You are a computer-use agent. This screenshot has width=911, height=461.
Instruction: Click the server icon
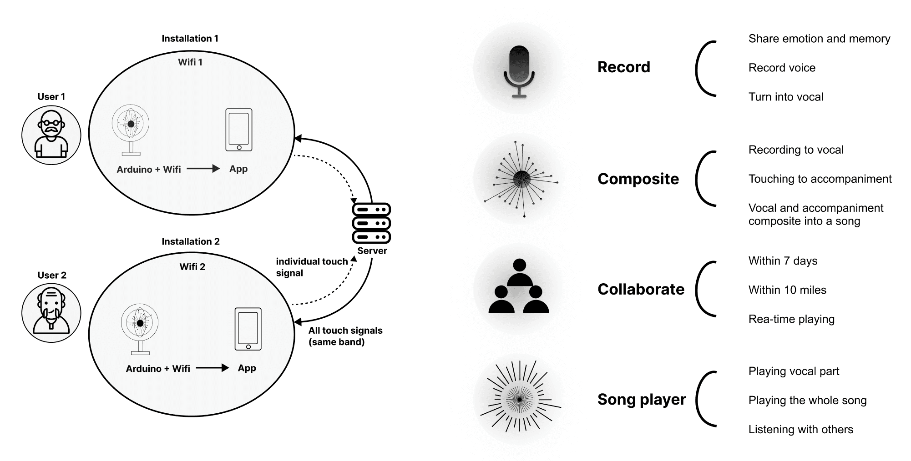(x=371, y=223)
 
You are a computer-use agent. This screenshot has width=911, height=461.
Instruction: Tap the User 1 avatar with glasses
(x=51, y=135)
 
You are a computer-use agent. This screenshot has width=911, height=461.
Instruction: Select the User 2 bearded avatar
(x=51, y=313)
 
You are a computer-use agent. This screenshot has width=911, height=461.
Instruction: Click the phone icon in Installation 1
(x=239, y=130)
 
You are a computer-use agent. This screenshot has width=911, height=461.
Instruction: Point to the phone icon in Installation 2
(x=248, y=329)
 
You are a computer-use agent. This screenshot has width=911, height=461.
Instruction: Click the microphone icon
(x=519, y=71)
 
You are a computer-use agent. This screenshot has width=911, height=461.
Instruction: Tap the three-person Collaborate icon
(x=519, y=286)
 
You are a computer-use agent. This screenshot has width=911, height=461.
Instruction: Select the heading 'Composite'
(x=638, y=179)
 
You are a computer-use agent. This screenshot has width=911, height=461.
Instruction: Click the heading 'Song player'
(x=642, y=399)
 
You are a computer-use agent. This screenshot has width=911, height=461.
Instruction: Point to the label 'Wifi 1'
(x=190, y=62)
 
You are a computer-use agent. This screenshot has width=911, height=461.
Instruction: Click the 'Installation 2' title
(x=191, y=241)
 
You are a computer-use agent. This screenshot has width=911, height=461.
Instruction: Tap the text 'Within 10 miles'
(x=787, y=290)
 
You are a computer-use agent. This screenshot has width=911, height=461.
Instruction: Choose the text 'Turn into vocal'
(x=786, y=97)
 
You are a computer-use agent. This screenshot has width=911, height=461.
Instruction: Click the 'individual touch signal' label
(x=312, y=267)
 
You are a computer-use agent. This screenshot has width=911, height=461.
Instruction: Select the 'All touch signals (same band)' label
(x=345, y=336)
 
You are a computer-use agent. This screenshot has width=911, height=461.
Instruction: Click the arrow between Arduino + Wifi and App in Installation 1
(x=203, y=169)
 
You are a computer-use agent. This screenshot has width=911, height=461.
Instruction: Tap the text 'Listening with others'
(x=800, y=430)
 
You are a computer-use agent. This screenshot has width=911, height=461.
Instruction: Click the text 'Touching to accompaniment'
(x=820, y=179)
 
